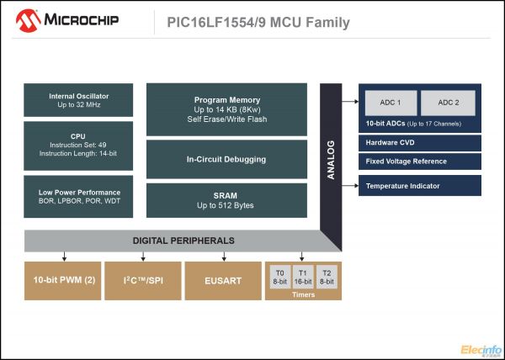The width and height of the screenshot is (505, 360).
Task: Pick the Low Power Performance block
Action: point(78,197)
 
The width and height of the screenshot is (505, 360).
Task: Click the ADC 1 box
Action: point(388,103)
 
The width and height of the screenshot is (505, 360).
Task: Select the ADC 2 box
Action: point(448,103)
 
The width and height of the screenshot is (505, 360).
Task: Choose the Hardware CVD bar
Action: point(420,142)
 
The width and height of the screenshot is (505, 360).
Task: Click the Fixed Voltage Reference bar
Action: point(420,161)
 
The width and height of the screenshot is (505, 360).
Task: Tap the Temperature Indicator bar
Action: point(420,186)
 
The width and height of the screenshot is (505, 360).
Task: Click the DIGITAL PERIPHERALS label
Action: point(183,241)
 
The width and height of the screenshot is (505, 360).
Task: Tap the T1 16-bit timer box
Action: point(303,278)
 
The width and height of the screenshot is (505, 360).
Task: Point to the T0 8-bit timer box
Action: point(279,278)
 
